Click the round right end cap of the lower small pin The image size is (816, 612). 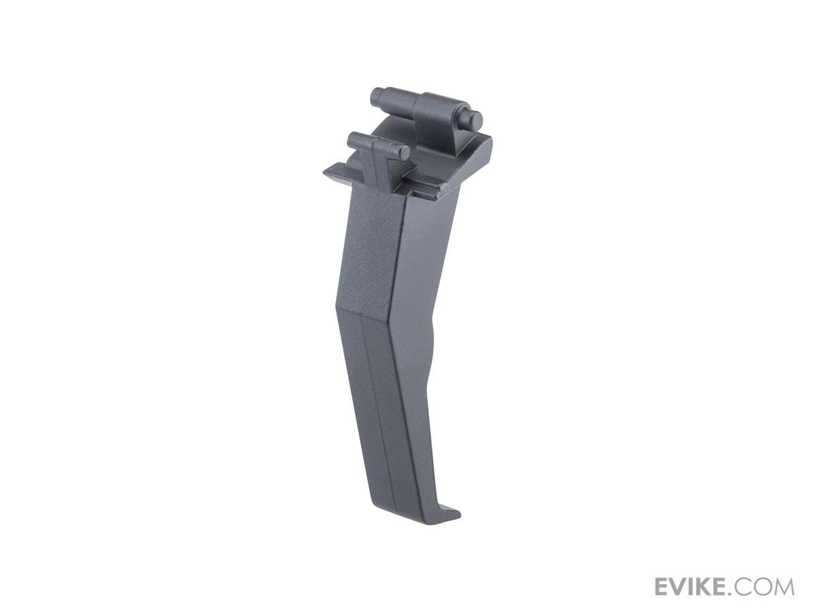(x=403, y=152)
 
